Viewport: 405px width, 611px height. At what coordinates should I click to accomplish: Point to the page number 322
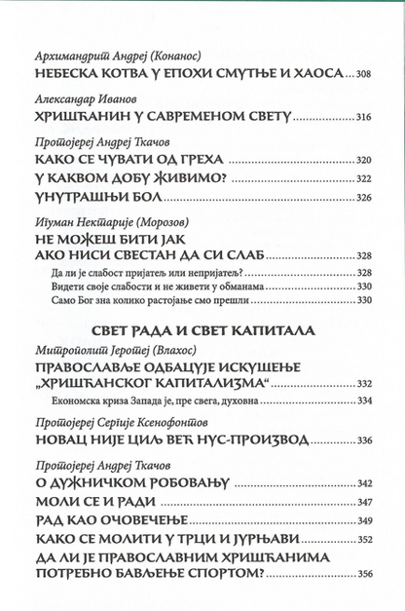(x=361, y=178)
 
